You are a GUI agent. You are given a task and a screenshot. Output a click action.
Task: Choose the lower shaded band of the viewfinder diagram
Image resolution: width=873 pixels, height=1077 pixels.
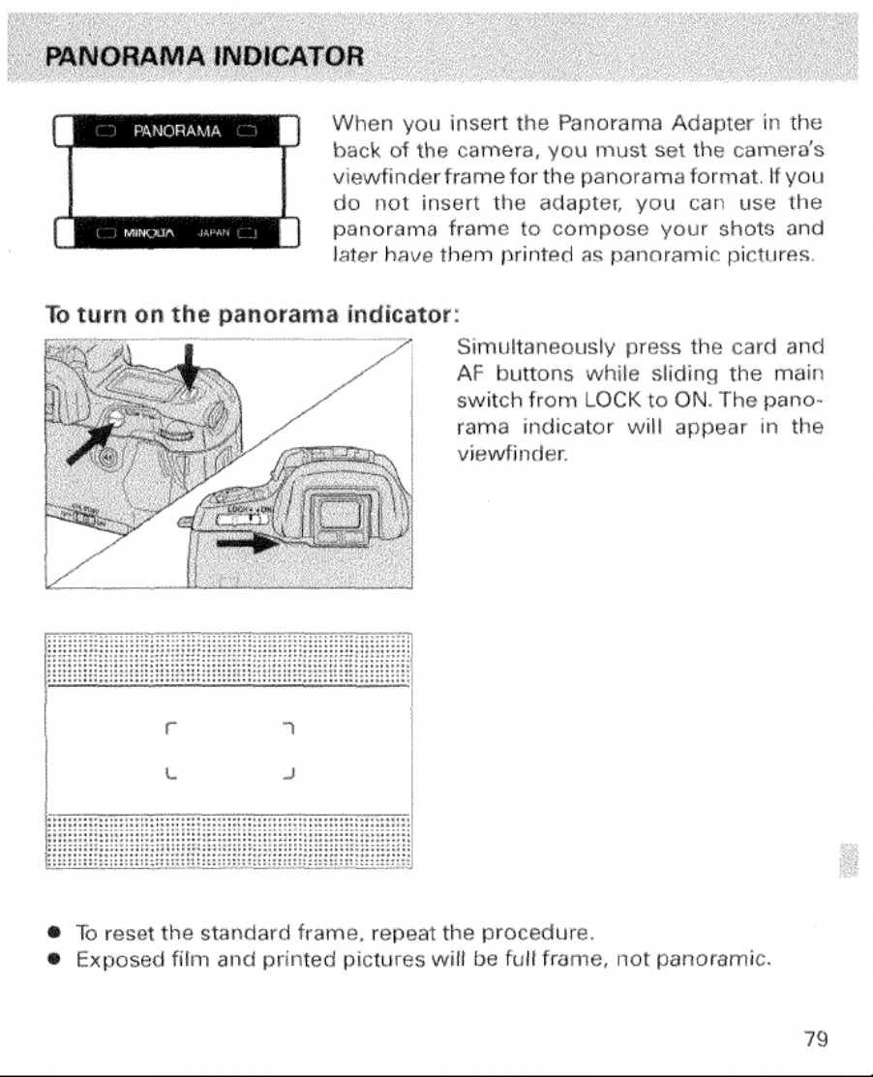point(228,843)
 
